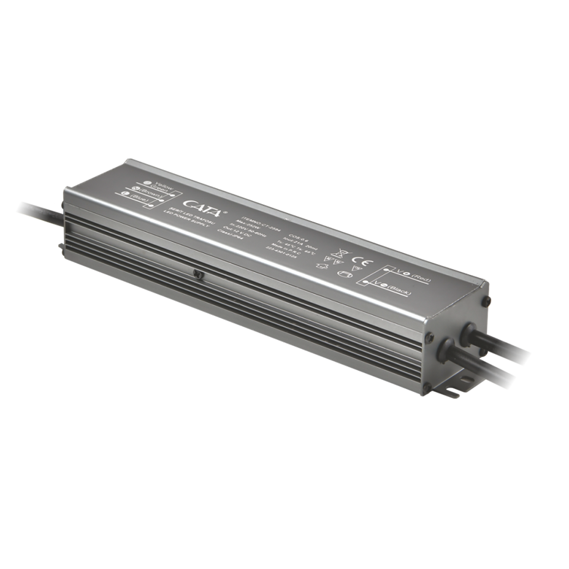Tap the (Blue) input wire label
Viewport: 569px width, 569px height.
pos(139,201)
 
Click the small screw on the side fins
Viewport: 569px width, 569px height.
pos(199,274)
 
